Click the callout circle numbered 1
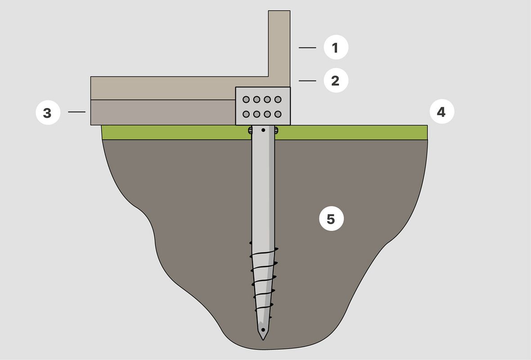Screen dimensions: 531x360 coord(336,47)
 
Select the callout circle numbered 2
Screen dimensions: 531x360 coord(336,81)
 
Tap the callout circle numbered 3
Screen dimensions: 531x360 coord(48,112)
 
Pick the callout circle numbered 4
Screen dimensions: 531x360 coord(442,112)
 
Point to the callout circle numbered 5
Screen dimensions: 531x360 coord(332,219)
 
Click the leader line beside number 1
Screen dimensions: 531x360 coord(307,48)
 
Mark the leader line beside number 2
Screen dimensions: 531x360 coord(307,81)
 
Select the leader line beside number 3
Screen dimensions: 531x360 coord(77,112)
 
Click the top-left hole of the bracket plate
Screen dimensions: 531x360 coord(246,99)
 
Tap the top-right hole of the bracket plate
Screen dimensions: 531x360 coord(278,99)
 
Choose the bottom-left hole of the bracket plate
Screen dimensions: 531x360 coord(246,114)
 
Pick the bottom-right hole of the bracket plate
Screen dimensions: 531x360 coord(278,114)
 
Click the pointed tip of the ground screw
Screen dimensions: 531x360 coord(263,340)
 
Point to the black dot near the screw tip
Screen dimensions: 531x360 coord(263,329)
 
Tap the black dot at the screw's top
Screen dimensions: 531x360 coord(263,130)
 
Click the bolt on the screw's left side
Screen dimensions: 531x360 coord(250,130)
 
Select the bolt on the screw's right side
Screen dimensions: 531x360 coord(276,130)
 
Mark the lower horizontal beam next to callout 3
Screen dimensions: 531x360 coord(163,112)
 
